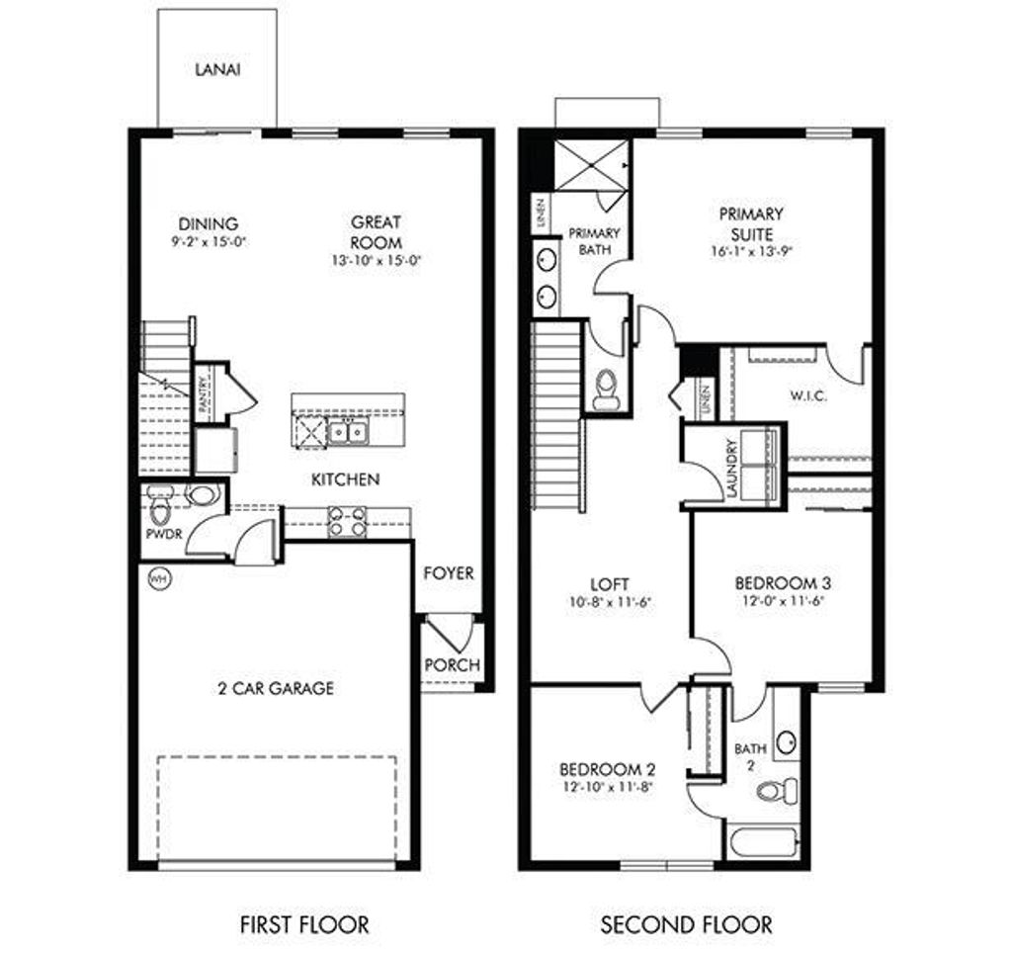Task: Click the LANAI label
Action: tap(216, 70)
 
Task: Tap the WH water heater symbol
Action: tap(157, 577)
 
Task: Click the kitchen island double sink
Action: tap(348, 432)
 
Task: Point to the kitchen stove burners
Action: tap(347, 521)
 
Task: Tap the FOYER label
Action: tap(449, 573)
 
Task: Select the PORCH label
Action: tap(452, 664)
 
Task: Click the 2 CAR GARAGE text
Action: tap(277, 688)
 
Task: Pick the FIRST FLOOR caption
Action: tap(304, 925)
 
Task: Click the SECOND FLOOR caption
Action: tap(687, 925)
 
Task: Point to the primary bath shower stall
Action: tap(591, 164)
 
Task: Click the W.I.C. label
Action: tap(808, 395)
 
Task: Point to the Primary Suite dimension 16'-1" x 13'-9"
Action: tap(751, 251)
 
